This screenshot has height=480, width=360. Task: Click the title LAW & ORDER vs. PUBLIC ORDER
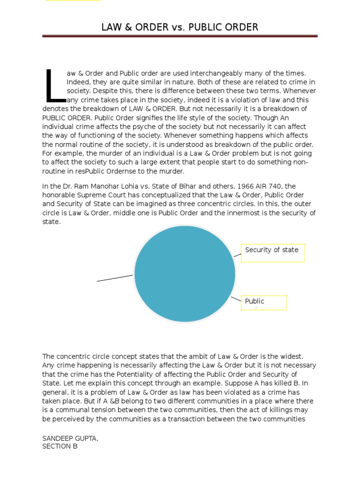[180, 27]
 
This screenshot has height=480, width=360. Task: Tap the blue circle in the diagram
[185, 274]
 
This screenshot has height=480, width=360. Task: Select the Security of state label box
[273, 253]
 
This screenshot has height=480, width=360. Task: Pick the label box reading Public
[264, 302]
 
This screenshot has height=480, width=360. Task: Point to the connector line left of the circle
[115, 278]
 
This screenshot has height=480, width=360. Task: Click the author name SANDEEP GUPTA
[70, 438]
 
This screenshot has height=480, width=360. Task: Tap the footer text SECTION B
[60, 446]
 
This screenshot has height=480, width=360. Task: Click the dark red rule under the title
[180, 36]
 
